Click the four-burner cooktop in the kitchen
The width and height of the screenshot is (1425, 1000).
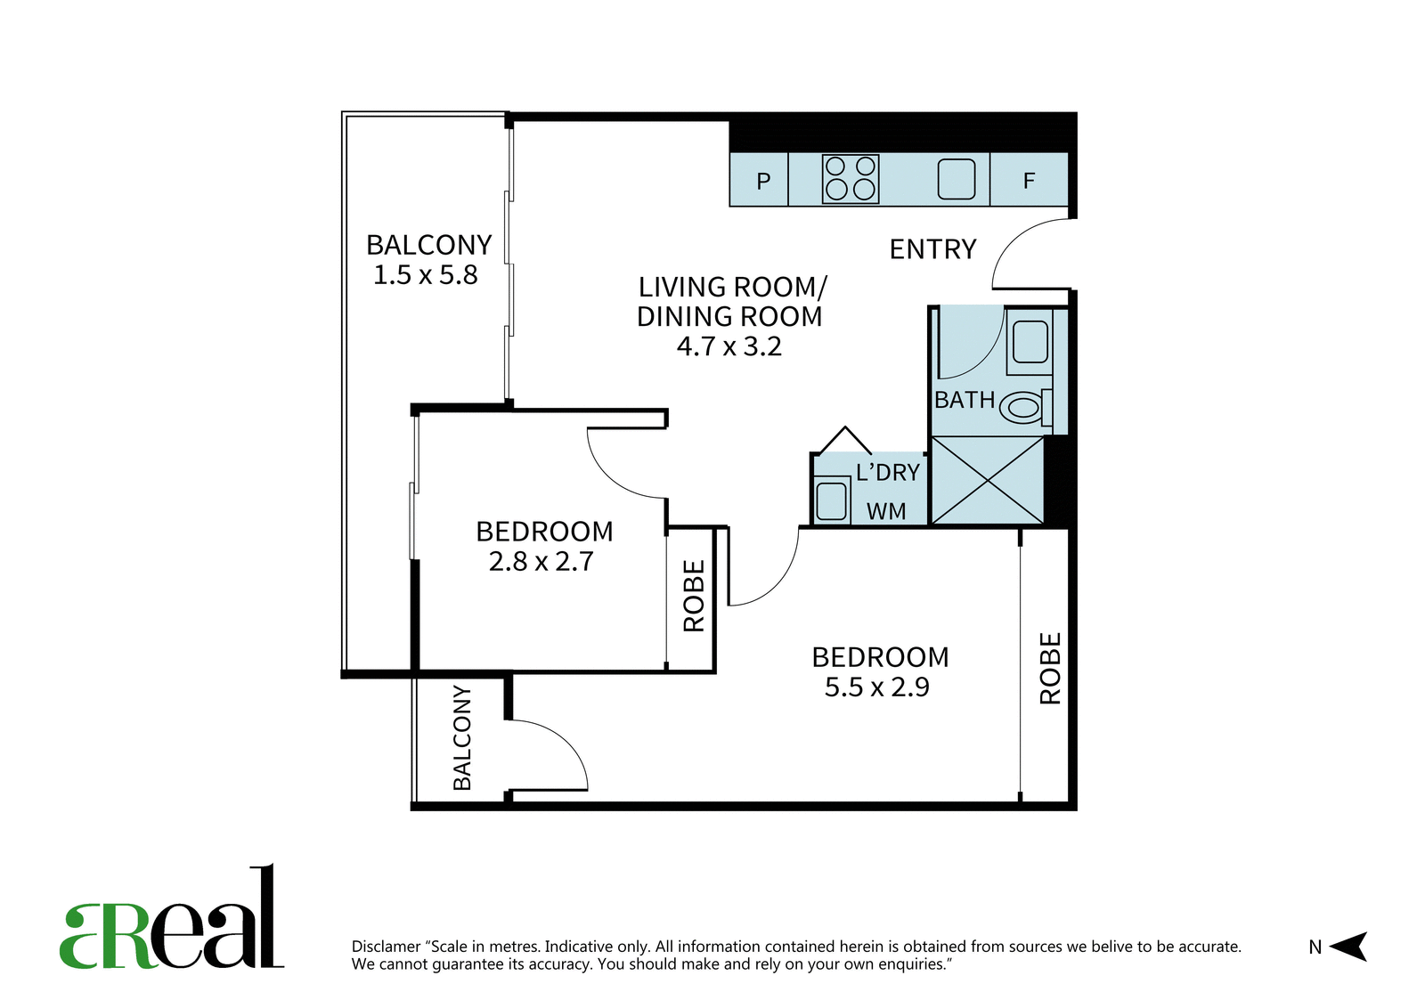coord(851,179)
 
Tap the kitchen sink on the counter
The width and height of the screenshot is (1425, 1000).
coord(957,179)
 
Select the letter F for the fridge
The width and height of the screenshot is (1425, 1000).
coord(1029,181)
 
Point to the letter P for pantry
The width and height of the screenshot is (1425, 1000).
coord(763,182)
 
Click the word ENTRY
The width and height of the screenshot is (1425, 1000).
coord(932,249)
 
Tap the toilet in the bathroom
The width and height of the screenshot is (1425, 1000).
coord(1026,406)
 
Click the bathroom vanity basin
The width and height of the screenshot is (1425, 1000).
coord(1030,342)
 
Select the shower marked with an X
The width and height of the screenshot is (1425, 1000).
coord(988,480)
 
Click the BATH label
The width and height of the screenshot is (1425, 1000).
coord(965,400)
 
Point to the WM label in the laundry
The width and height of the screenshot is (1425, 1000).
coord(886,511)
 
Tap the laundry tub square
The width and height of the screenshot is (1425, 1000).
coord(832,500)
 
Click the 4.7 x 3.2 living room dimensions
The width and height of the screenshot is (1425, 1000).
coord(729,346)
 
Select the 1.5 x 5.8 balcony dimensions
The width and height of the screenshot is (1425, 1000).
coord(425,275)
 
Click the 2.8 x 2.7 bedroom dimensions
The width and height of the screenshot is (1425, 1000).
coord(541,561)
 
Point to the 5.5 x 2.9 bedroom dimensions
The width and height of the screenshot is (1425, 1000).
coord(876,687)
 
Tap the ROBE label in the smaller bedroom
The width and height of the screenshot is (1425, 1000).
coord(694,596)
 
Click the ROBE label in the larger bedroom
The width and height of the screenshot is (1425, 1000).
coord(1050,668)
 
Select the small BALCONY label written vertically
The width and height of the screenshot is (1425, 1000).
coord(462,737)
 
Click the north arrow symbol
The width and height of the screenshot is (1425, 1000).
coord(1348,947)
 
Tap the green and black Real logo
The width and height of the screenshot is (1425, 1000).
coord(172,916)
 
